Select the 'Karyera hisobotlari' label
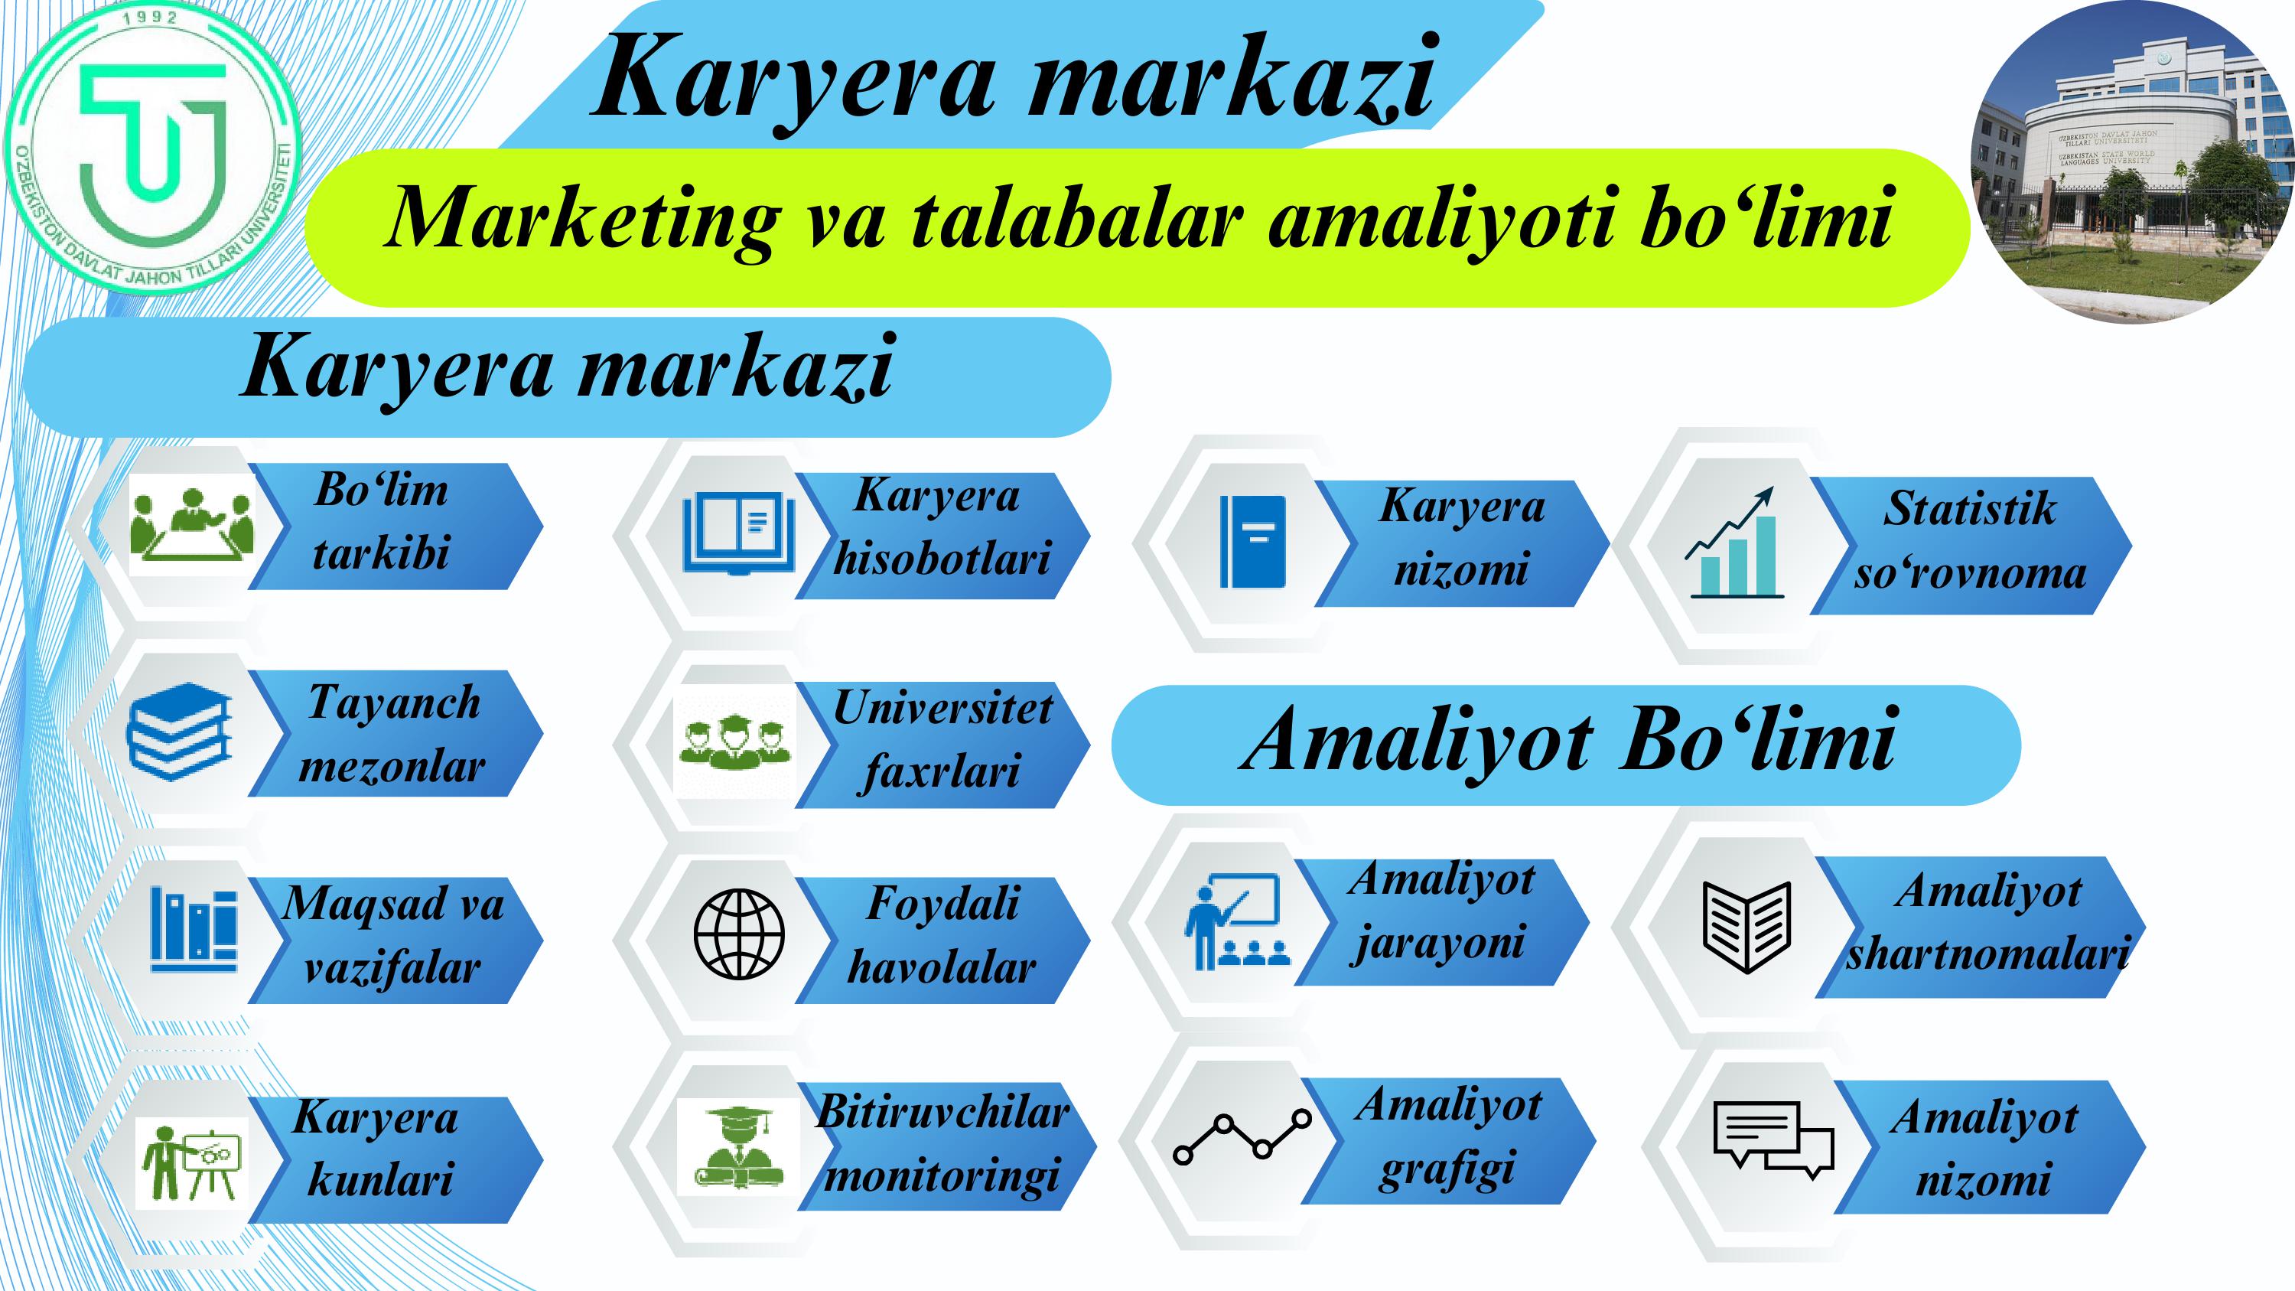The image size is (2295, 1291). [941, 527]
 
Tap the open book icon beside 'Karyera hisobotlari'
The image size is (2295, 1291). [738, 533]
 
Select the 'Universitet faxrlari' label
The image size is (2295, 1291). [942, 739]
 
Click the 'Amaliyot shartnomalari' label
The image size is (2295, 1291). [1987, 922]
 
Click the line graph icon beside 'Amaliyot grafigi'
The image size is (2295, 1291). [1242, 1138]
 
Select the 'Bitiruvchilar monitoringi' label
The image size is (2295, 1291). [942, 1144]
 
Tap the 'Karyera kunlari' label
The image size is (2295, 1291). [376, 1149]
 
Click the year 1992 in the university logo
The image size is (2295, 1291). [151, 17]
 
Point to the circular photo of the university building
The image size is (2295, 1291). [2131, 163]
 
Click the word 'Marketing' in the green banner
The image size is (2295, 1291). [581, 219]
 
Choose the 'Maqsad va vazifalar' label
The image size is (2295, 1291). [393, 934]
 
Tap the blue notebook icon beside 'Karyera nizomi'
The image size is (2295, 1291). [1252, 542]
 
